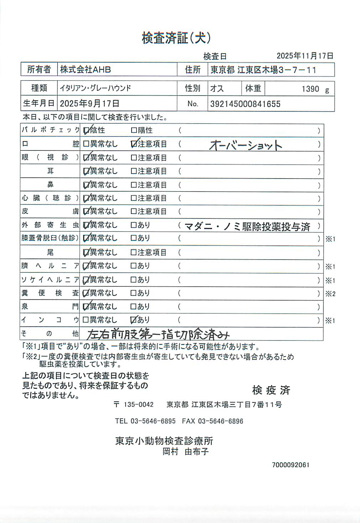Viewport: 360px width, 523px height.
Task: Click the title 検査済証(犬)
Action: coord(176,38)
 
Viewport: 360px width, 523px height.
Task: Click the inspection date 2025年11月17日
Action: coord(305,56)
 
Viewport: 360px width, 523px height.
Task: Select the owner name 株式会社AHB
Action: coord(86,70)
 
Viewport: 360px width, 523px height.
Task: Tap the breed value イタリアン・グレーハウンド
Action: coord(96,88)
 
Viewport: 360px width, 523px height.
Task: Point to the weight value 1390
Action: coord(310,89)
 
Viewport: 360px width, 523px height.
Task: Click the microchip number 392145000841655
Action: coord(245,104)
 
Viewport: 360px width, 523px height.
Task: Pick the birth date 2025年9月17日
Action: coord(89,104)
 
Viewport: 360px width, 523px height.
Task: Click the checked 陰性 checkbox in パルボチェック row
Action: coord(86,130)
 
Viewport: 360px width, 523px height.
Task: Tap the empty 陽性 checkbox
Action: coord(134,130)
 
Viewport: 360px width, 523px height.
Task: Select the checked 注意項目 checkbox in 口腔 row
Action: coord(134,144)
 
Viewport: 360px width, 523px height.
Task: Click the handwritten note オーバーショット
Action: coord(246,145)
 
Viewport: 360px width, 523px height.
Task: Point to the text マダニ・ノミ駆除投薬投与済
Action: coord(247,227)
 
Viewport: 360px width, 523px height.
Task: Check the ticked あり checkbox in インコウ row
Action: coord(134,320)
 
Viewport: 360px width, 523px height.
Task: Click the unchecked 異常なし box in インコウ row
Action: coord(86,320)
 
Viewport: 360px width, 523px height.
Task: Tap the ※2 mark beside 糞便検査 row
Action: coord(330,294)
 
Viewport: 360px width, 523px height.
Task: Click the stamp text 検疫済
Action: coord(271,390)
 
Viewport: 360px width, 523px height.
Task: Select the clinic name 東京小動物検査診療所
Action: coord(164,441)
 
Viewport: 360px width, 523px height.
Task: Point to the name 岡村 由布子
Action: coord(186,452)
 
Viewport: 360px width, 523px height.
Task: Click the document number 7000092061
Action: coord(290,465)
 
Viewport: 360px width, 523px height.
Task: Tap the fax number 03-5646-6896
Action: coord(221,421)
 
